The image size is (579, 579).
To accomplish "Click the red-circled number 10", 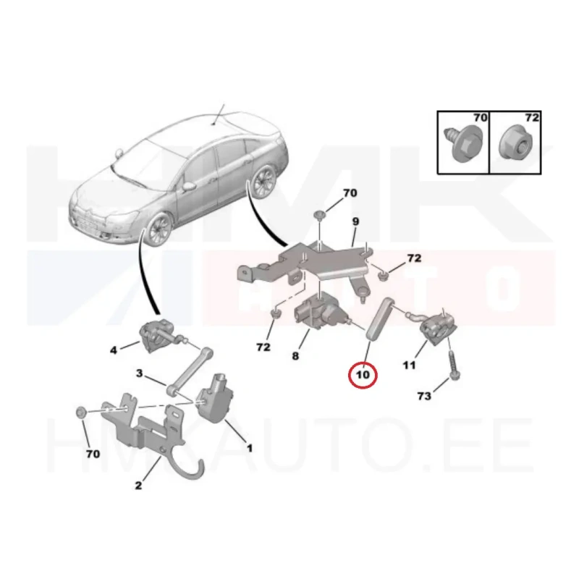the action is pyautogui.click(x=363, y=375).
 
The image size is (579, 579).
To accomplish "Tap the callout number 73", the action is pyautogui.click(x=424, y=396).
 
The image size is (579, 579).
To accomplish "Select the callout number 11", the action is pyautogui.click(x=409, y=365).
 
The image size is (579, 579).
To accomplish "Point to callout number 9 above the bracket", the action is pyautogui.click(x=355, y=221).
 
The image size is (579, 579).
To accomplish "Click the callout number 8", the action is pyautogui.click(x=295, y=356).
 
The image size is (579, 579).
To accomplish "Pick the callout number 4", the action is pyautogui.click(x=114, y=350).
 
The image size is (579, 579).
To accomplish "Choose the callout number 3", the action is pyautogui.click(x=139, y=373).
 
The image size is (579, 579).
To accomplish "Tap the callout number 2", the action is pyautogui.click(x=138, y=485).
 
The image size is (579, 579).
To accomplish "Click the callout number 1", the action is pyautogui.click(x=250, y=448).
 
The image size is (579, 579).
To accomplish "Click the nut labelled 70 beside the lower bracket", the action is pyautogui.click(x=81, y=413).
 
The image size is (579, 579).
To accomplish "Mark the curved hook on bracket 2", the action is pyautogui.click(x=192, y=468).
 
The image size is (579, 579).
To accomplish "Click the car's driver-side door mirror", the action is pyautogui.click(x=189, y=186).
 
